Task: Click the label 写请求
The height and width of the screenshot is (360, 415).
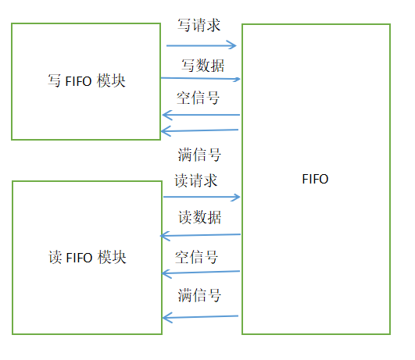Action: click(199, 25)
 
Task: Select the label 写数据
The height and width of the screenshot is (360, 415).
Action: click(199, 66)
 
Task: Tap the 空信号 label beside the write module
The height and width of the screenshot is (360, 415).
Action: click(199, 98)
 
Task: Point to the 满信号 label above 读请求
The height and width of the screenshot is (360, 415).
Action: click(199, 155)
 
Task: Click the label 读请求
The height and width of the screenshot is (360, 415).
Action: click(195, 181)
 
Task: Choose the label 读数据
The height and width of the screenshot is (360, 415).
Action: click(199, 217)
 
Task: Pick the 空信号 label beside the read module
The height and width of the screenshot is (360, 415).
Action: click(197, 257)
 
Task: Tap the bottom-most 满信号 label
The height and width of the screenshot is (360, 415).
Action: click(199, 295)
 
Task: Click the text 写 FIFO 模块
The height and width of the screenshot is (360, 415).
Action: click(87, 80)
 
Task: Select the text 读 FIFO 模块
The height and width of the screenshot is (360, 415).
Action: click(87, 258)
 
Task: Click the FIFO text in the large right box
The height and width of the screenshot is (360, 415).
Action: click(315, 179)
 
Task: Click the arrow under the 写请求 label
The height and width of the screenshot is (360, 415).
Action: click(201, 46)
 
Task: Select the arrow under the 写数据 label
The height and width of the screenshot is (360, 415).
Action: click(201, 78)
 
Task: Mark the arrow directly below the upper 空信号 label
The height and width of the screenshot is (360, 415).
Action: click(201, 116)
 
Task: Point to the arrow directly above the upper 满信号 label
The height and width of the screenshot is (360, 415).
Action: click(201, 130)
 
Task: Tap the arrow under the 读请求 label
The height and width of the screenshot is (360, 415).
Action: click(201, 198)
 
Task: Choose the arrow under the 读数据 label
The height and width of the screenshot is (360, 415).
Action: click(201, 235)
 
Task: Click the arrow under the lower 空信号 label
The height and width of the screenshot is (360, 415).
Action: click(201, 273)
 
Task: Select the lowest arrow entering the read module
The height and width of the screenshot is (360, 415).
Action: click(201, 316)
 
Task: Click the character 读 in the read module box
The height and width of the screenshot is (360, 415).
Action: click(55, 258)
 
